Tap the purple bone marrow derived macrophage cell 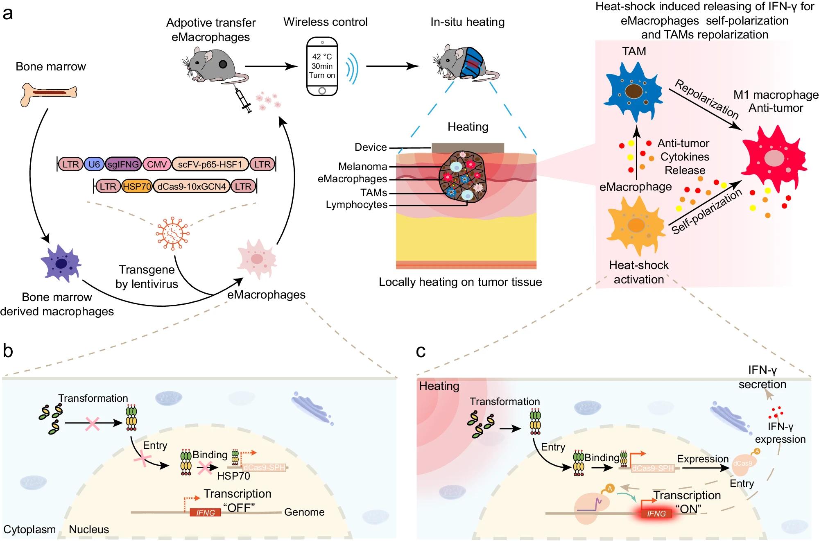click(x=61, y=263)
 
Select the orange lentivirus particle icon click(x=172, y=233)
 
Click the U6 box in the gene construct click(x=94, y=165)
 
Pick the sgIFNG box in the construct click(x=123, y=165)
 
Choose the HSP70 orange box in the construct click(x=137, y=187)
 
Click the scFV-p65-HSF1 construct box click(x=210, y=165)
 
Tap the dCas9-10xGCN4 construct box click(x=191, y=187)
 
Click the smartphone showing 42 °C click(x=322, y=66)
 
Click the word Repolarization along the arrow click(x=706, y=99)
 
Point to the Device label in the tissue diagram click(x=371, y=147)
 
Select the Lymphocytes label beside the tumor click(x=356, y=205)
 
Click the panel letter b click(x=8, y=351)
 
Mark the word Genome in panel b click(x=304, y=512)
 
